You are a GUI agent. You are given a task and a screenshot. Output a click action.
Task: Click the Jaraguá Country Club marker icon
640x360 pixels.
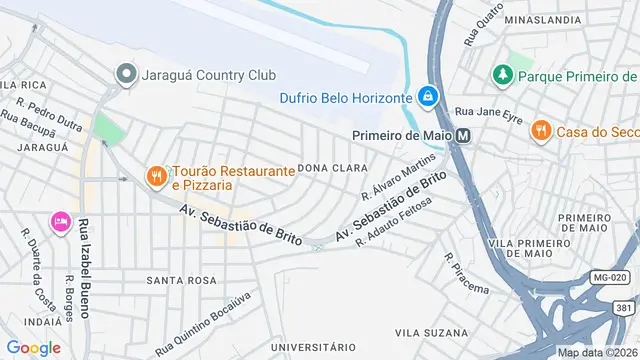point(126,74)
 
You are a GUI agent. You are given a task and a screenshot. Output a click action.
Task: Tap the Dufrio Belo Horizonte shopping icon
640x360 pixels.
point(427,96)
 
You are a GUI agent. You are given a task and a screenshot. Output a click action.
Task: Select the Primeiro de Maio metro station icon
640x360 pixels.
point(463,136)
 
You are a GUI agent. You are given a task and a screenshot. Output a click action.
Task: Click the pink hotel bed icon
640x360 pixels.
point(60,219)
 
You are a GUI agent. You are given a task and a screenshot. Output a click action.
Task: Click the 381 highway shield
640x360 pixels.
point(624,308)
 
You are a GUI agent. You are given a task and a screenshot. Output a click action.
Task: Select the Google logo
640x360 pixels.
point(33,347)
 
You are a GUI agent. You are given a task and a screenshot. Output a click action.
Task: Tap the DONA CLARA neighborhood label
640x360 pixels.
point(325,168)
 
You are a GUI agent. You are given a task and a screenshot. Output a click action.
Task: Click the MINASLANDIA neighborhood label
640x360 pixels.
point(544,19)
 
